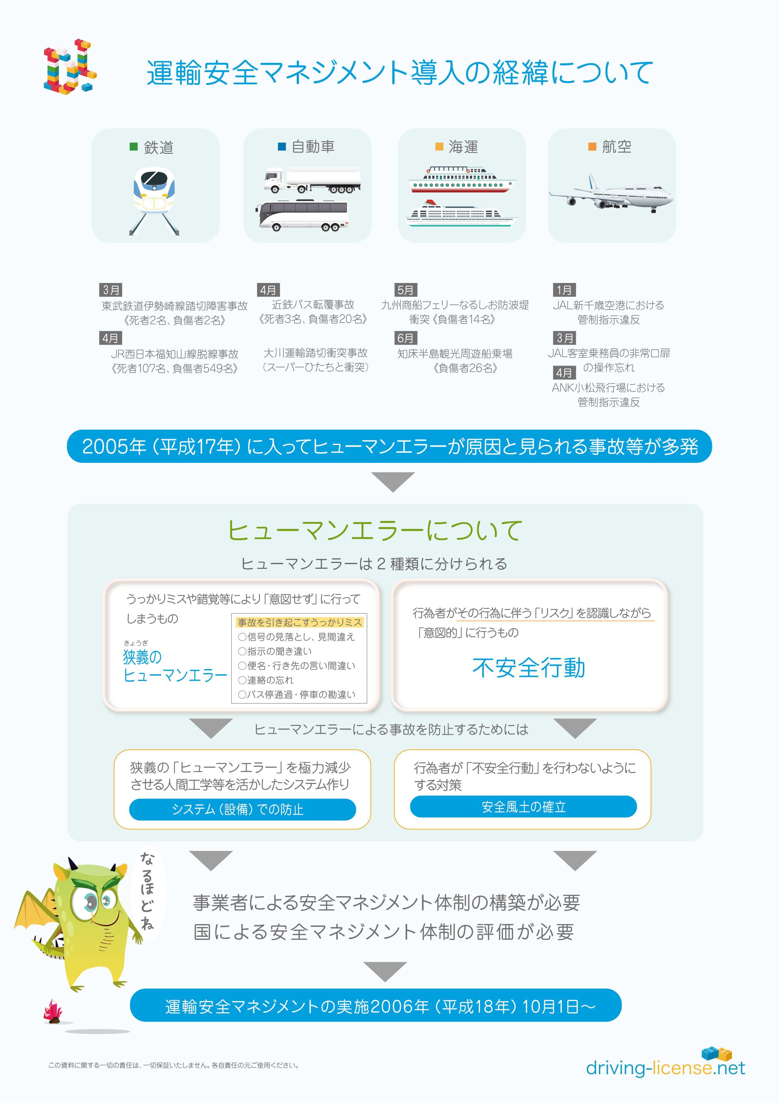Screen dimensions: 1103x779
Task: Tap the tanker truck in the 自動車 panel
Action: (x=312, y=180)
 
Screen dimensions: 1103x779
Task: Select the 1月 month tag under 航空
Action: (x=564, y=290)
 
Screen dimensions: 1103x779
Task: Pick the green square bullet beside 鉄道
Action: (x=134, y=147)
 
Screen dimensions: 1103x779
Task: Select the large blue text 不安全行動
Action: (x=528, y=668)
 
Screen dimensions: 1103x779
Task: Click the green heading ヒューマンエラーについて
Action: (x=375, y=530)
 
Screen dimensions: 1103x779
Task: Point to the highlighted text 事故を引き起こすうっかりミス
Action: (x=300, y=622)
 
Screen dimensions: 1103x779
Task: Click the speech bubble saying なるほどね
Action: (x=147, y=891)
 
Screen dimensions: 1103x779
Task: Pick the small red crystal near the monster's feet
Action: (x=53, y=1010)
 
